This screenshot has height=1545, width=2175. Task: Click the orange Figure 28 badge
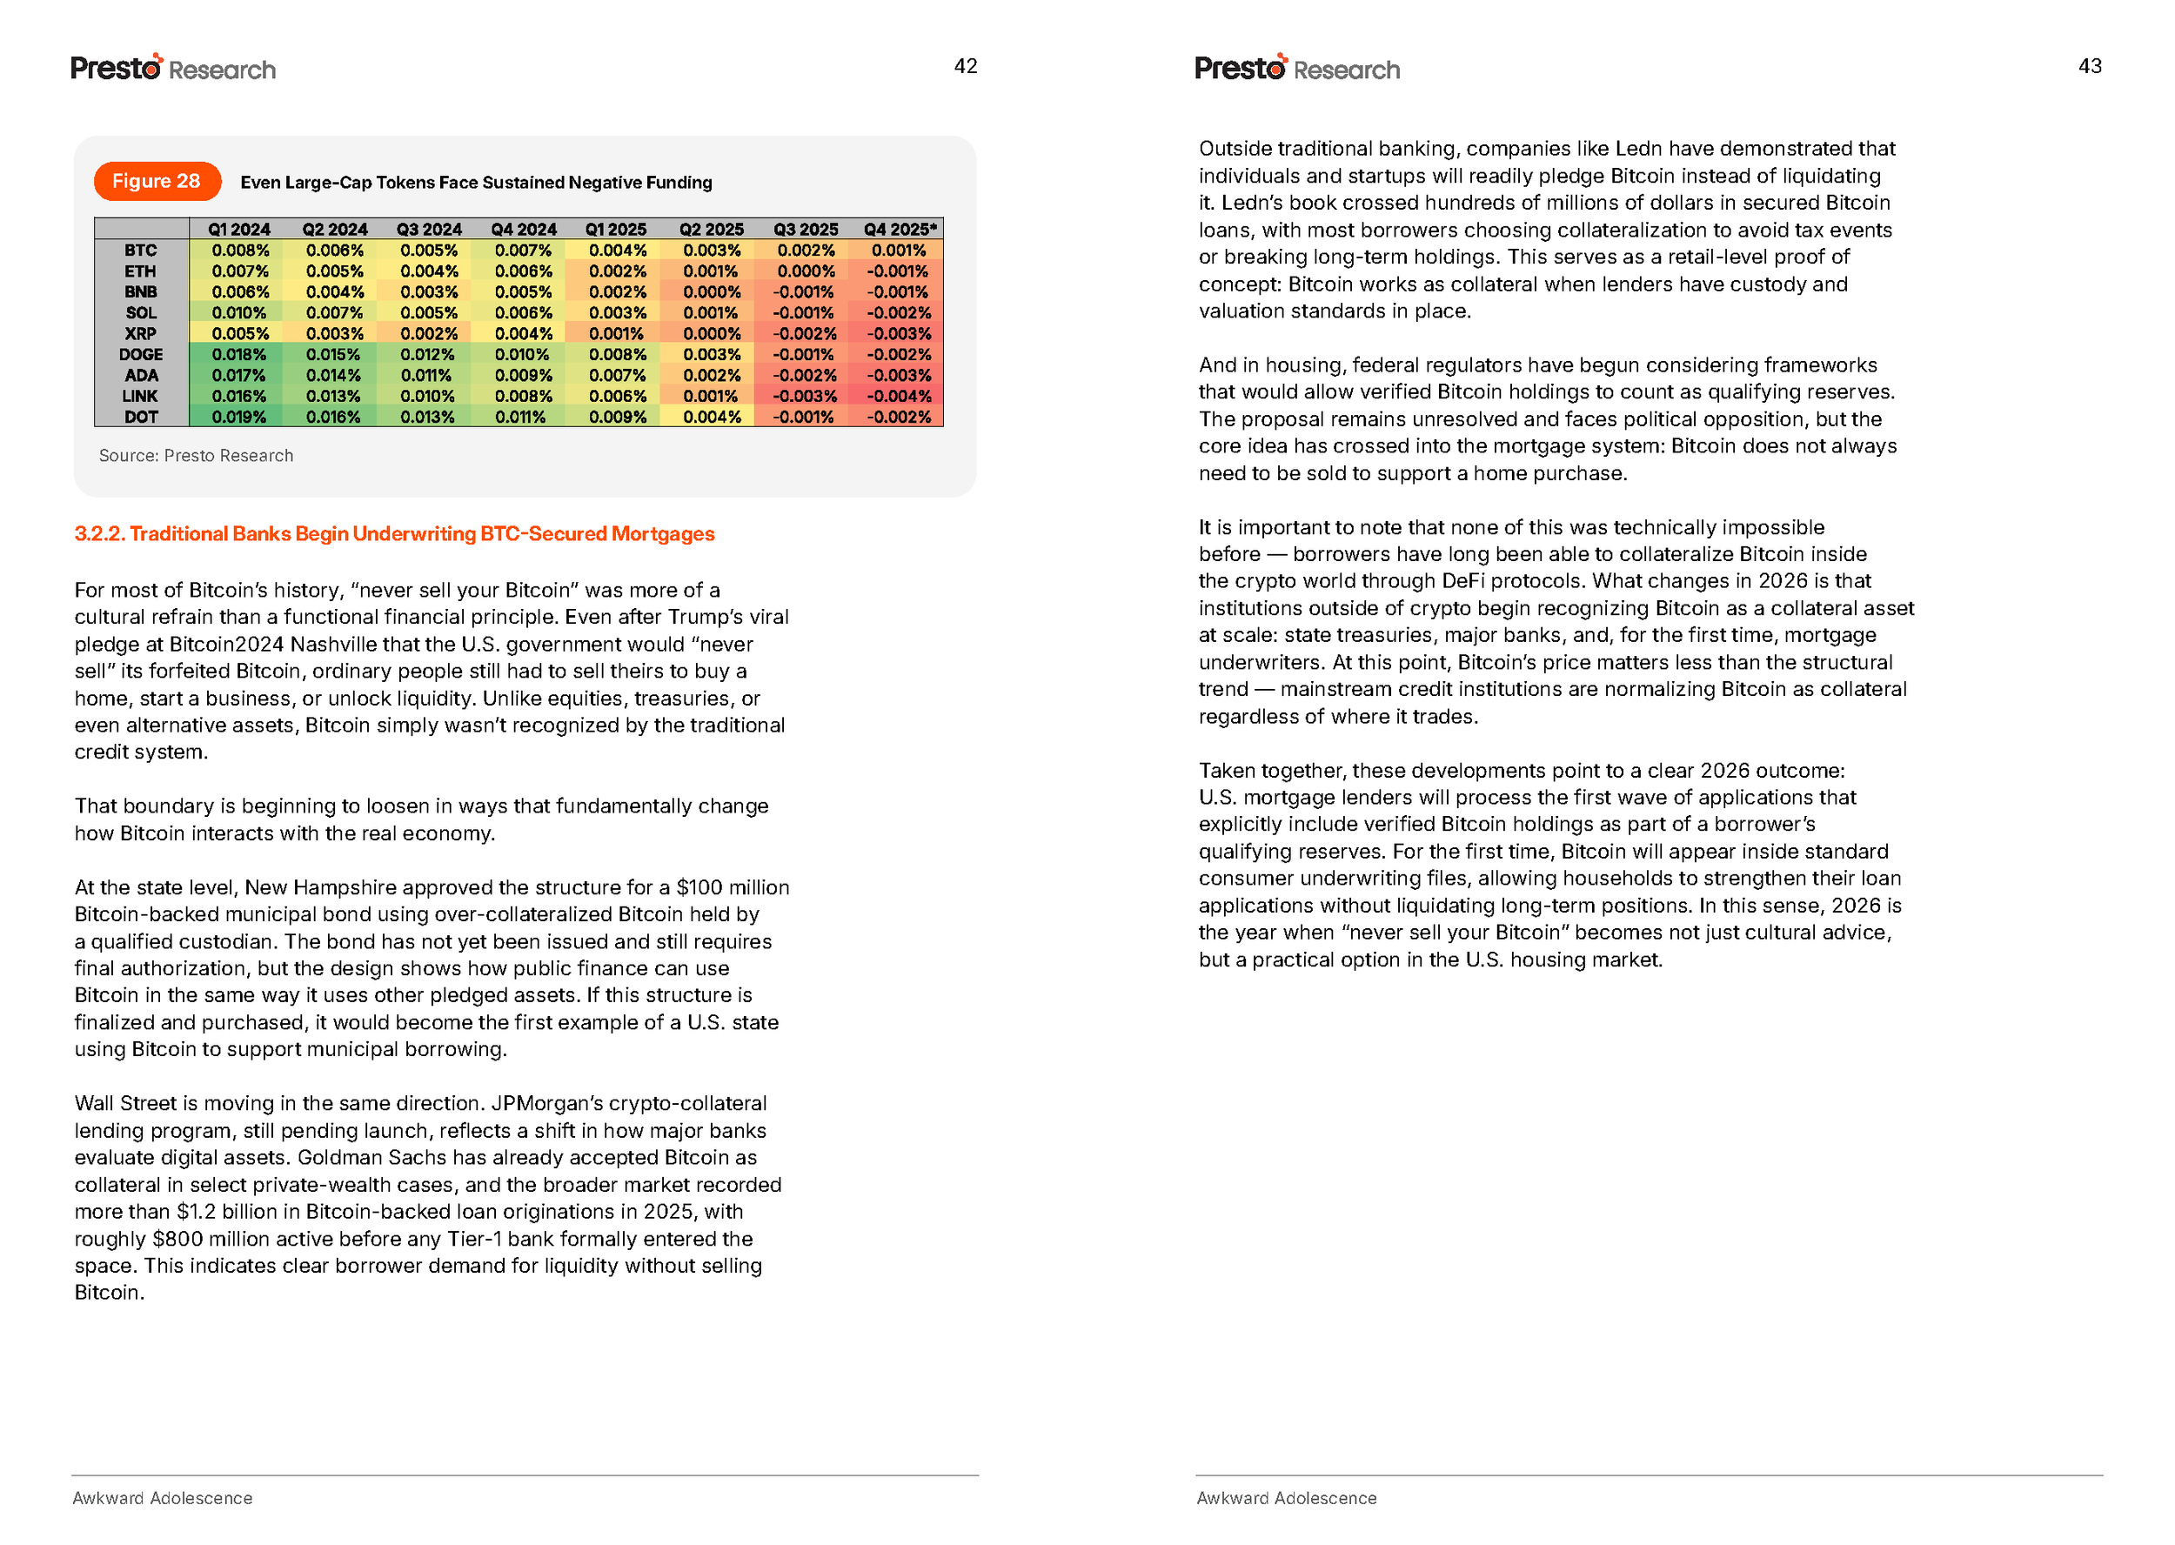[x=157, y=182]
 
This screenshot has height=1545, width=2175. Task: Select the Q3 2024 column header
[x=428, y=230]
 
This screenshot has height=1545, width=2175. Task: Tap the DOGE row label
[x=141, y=355]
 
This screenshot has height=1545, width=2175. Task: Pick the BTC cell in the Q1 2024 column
[x=240, y=251]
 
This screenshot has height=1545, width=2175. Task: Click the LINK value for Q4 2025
[x=898, y=397]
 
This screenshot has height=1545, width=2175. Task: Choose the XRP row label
[x=141, y=334]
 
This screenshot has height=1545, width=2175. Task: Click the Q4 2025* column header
[x=899, y=230]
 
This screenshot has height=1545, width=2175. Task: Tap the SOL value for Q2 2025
[x=710, y=313]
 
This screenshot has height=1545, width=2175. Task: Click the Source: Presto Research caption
[x=196, y=456]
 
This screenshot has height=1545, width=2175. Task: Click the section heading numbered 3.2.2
[x=394, y=534]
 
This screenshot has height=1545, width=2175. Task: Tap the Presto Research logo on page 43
[x=1296, y=69]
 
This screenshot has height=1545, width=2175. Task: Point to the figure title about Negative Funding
[x=476, y=183]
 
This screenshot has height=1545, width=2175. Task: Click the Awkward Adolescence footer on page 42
[x=163, y=1498]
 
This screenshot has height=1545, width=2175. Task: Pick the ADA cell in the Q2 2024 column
[x=333, y=376]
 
